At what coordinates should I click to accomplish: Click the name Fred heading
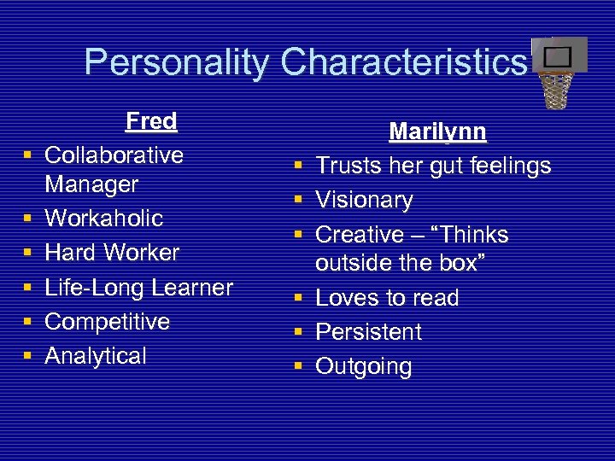click(151, 121)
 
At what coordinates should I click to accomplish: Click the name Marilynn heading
click(437, 132)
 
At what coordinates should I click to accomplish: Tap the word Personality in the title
click(177, 61)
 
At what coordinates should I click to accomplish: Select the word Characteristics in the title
click(404, 61)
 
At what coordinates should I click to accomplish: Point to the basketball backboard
click(559, 55)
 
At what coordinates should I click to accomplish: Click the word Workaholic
click(103, 218)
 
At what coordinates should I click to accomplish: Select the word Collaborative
click(114, 155)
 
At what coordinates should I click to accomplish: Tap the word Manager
click(91, 184)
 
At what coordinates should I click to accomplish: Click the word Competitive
click(107, 322)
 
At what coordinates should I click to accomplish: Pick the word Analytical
click(96, 356)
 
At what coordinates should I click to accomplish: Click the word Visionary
click(364, 201)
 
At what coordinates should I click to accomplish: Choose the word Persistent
click(368, 332)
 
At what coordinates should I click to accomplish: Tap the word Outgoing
click(364, 367)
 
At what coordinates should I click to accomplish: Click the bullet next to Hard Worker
click(28, 254)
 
